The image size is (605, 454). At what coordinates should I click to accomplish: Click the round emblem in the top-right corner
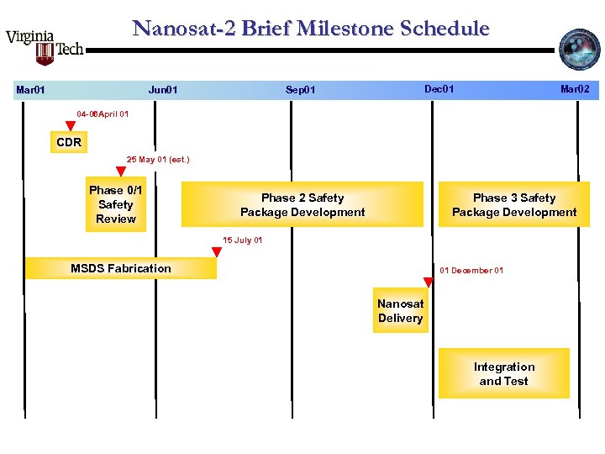coord(581,50)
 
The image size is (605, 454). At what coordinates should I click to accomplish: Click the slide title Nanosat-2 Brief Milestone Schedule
coord(311,29)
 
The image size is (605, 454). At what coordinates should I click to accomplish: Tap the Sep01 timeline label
coord(300,89)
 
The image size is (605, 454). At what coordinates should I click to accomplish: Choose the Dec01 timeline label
coord(439,88)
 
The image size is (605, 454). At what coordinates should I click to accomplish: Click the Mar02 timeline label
coord(575,88)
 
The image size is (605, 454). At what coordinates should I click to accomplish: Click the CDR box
coord(69,142)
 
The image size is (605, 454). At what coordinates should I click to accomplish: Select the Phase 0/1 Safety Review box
coord(116,204)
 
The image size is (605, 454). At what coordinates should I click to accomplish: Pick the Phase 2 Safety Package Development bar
coord(302,204)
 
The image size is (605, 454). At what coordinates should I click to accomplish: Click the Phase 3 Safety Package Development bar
coord(514,204)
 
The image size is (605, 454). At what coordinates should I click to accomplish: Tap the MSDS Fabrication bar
coord(120,268)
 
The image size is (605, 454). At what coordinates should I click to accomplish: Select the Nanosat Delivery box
coord(400,311)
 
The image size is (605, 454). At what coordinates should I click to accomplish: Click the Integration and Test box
coord(503,373)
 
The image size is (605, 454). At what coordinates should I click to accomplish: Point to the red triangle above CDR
coord(71,126)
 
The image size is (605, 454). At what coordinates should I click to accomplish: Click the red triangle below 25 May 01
coord(121,172)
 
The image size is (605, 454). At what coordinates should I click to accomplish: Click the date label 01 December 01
coord(471,271)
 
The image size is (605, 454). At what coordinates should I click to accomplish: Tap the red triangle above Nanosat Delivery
coord(428,282)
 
